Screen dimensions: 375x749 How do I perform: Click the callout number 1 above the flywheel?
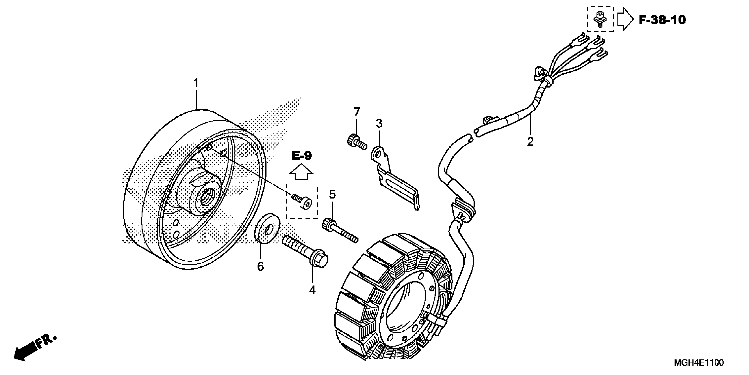[x=197, y=83]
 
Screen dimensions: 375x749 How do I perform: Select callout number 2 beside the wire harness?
[x=530, y=142]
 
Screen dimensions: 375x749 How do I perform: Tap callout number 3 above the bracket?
[x=379, y=124]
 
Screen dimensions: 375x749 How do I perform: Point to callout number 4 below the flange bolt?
[x=312, y=290]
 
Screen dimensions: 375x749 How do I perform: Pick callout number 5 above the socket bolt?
[x=332, y=194]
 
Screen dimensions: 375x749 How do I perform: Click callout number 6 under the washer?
[x=261, y=266]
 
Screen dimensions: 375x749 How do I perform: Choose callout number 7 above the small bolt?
[x=356, y=112]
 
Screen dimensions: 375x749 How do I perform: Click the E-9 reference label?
[x=302, y=156]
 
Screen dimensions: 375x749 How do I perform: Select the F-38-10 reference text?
[x=662, y=20]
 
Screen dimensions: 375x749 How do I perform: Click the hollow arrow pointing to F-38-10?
[x=625, y=19]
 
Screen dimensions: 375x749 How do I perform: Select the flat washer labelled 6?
[x=267, y=228]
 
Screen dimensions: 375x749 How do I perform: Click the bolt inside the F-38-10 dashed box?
[x=600, y=19]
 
